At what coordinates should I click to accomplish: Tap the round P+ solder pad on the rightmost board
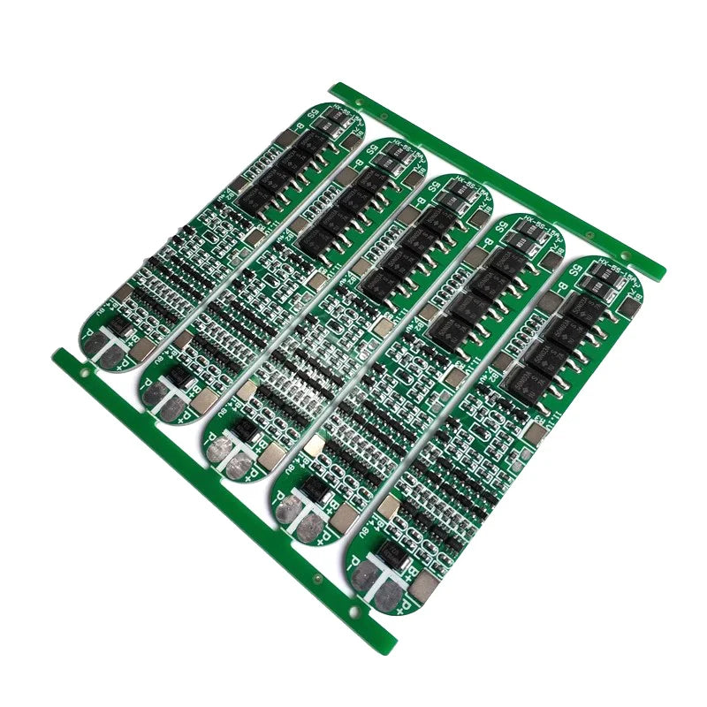click(x=388, y=597)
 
